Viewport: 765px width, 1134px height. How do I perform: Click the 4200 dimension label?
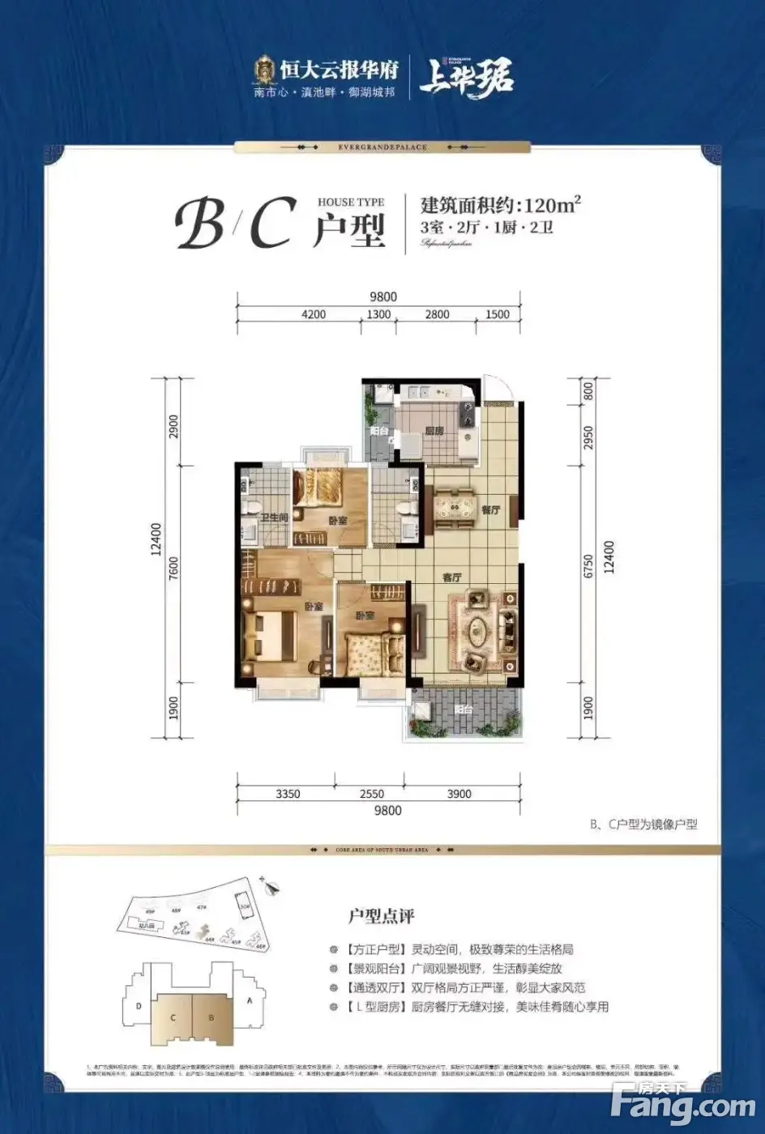point(313,314)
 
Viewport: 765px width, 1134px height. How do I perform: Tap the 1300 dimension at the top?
point(378,314)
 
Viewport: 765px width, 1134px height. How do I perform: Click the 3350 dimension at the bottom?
point(288,794)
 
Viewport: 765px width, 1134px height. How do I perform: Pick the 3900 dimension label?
point(459,794)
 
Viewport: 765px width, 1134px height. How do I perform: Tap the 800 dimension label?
point(589,392)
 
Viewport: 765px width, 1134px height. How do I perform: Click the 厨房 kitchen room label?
point(434,431)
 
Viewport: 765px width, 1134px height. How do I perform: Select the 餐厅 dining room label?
point(490,510)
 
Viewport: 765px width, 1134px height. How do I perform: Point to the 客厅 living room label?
point(451,578)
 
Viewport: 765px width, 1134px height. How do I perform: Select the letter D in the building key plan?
point(140,1007)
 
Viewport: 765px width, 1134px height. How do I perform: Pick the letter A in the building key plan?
point(250,1001)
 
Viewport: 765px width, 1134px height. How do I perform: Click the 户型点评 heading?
point(381,916)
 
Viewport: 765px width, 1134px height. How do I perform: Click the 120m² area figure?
point(553,204)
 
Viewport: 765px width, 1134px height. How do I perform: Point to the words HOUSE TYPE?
point(351,202)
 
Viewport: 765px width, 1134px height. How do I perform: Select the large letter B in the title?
point(199,226)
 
